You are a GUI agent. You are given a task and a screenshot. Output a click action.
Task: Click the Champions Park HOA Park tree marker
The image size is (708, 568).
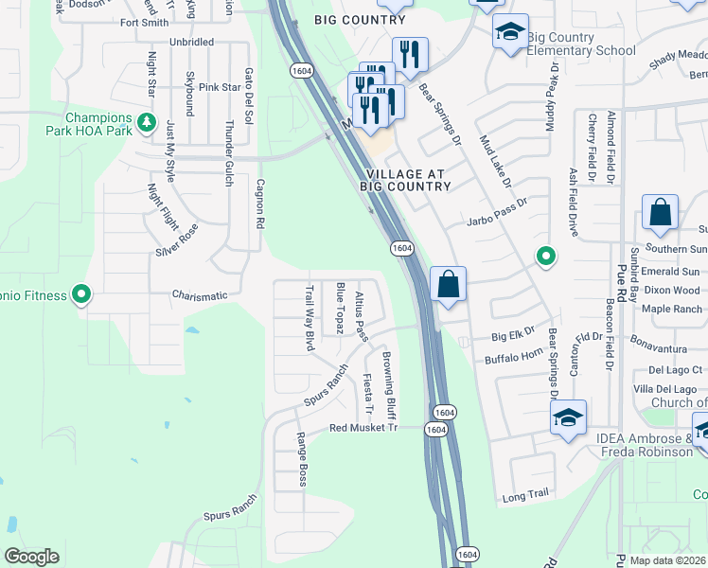point(146,122)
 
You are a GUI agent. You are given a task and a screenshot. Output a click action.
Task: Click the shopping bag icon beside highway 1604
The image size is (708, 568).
point(448,284)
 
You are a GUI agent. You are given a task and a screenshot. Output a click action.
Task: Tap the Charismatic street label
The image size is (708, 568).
point(200,295)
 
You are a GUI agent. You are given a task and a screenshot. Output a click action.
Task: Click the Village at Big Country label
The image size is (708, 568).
point(408,180)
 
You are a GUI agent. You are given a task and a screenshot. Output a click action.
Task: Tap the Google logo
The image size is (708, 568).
point(31,557)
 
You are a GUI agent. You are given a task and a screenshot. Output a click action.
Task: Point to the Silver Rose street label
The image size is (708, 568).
point(177,240)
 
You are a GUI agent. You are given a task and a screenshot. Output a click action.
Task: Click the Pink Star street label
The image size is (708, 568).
point(220,87)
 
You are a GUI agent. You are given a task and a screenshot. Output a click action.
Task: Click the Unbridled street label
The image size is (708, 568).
point(191,43)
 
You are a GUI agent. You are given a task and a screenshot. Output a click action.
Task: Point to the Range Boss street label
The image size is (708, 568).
point(302,459)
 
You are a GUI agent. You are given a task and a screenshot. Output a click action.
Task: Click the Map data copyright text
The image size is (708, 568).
point(666,560)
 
